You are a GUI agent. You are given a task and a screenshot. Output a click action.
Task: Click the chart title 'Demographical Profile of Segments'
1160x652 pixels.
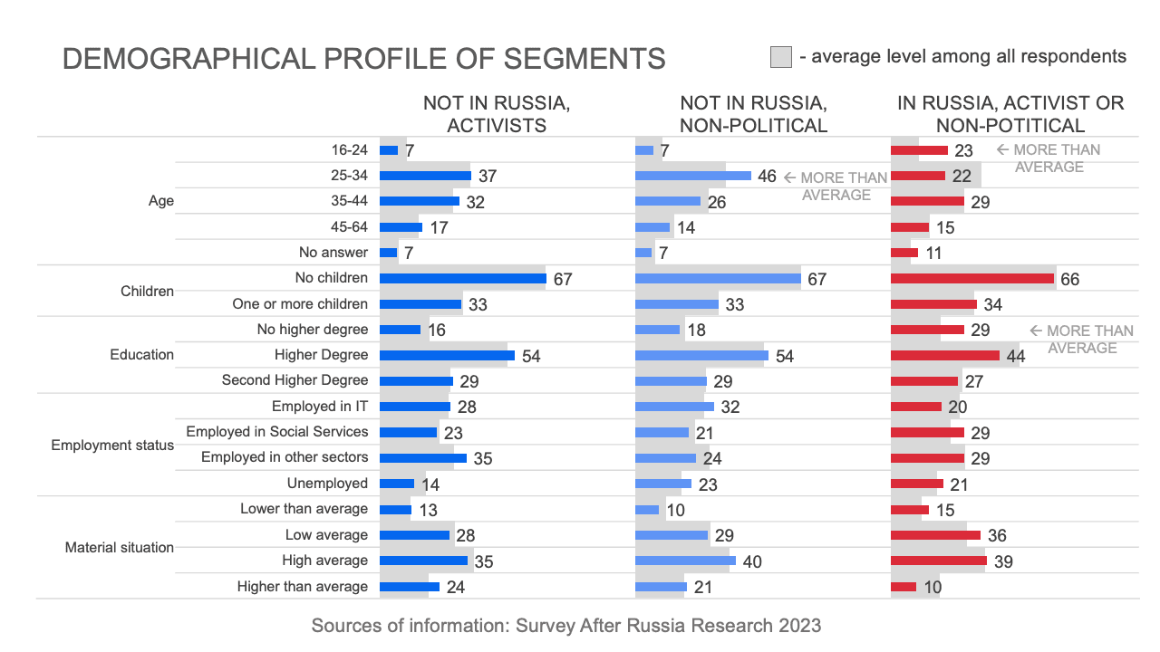coord(363,59)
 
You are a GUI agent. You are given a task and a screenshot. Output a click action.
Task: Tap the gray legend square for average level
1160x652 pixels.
coord(780,57)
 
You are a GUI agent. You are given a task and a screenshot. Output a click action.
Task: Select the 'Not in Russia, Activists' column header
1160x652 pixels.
coord(497,114)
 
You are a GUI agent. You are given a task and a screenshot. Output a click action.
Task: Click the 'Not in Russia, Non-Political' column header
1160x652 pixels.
coord(753,114)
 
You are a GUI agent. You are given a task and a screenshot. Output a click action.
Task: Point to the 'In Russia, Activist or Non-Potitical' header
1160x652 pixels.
coord(1010,114)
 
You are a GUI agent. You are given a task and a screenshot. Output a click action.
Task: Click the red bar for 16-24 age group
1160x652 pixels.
coord(919,150)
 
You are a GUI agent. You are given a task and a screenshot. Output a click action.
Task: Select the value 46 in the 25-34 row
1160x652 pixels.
coord(767,176)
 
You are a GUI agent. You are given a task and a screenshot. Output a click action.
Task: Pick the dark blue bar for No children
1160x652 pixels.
coord(462,278)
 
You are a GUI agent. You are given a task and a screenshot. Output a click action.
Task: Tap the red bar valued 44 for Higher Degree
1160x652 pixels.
coord(944,355)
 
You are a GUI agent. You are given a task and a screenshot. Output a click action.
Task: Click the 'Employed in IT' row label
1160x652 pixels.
coord(320,407)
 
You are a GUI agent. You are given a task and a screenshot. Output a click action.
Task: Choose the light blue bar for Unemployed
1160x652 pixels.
coord(662,484)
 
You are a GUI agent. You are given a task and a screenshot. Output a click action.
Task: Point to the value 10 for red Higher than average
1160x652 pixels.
coord(933,587)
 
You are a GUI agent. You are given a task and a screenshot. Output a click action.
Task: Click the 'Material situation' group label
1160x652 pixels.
coord(120,548)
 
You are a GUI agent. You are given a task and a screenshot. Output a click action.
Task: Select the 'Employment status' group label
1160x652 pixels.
coord(112,446)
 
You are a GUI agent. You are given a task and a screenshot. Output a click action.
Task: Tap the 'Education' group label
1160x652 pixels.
coord(141,355)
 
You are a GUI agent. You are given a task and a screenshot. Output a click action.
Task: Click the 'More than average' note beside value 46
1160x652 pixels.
coord(835,186)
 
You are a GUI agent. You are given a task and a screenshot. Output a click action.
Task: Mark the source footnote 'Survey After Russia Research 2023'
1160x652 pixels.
coord(566,626)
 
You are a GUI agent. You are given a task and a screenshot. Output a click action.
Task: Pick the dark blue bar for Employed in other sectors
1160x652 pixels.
coord(422,458)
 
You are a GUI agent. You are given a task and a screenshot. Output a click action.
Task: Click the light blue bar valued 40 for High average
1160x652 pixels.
coord(685,561)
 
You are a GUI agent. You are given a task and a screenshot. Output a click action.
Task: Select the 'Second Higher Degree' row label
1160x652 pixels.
coord(295,380)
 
